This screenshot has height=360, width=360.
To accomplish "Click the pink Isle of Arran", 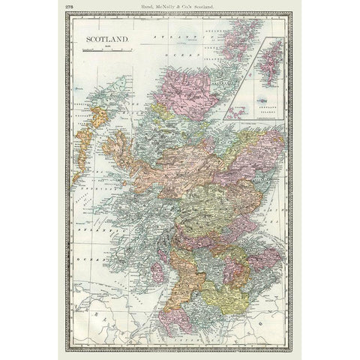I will [x=157, y=271].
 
